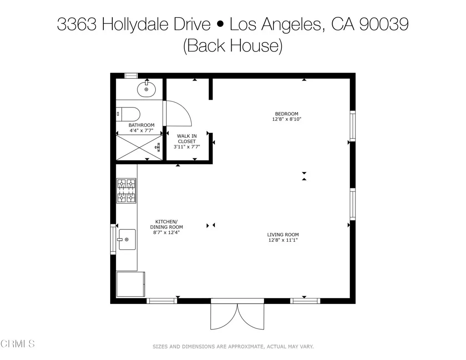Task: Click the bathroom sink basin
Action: [146, 89]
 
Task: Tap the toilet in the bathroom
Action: [127, 113]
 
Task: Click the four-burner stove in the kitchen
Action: [127, 190]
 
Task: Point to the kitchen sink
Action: [127, 239]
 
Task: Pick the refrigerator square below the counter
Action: [131, 285]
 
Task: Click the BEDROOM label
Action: [286, 114]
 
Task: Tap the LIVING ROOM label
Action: [283, 235]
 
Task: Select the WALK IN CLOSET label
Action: [187, 138]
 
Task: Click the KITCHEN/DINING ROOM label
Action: [167, 224]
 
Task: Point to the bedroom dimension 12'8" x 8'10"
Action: [286, 119]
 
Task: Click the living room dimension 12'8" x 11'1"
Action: [283, 240]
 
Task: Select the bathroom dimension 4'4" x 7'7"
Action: [141, 131]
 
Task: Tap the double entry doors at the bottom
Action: [237, 315]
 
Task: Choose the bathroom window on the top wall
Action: [132, 76]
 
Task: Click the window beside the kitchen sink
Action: [113, 239]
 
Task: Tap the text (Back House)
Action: [233, 46]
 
